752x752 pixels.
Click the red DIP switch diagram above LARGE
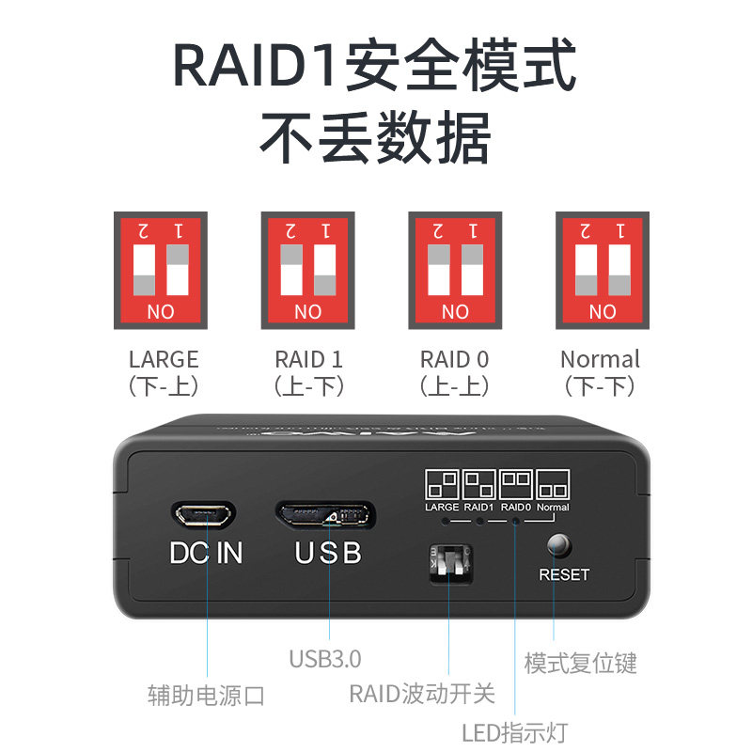(x=161, y=270)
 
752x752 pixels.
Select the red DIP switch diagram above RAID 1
(x=307, y=270)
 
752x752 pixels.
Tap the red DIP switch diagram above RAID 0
(x=455, y=270)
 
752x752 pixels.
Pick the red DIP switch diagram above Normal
(x=603, y=270)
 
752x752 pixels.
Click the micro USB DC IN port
(x=203, y=514)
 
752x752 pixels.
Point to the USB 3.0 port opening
(x=324, y=514)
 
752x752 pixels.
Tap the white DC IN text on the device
(x=206, y=553)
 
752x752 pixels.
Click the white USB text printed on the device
(x=328, y=553)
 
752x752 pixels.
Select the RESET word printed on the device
(x=564, y=574)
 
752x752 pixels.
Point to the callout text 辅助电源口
(x=206, y=696)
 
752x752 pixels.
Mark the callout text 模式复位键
(x=580, y=662)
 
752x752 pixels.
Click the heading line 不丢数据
(x=375, y=139)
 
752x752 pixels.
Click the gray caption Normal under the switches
(x=600, y=359)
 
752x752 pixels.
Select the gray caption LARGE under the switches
(x=164, y=359)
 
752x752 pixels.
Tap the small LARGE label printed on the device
(x=442, y=508)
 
